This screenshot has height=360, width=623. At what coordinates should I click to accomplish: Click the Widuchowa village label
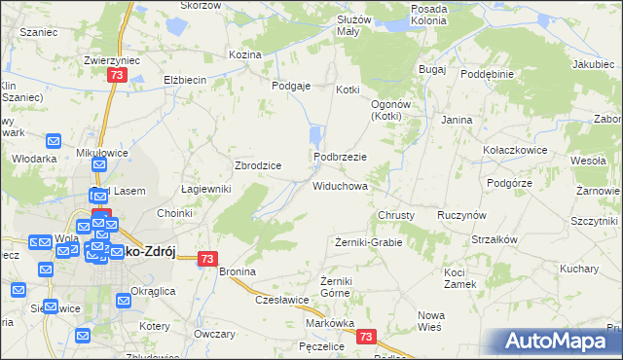click(340, 185)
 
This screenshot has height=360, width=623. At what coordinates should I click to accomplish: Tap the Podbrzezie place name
click(340, 157)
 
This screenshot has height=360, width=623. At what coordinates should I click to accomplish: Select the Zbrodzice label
click(258, 165)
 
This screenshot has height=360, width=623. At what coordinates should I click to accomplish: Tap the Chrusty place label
click(396, 215)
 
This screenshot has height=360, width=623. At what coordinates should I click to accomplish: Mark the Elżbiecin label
click(181, 81)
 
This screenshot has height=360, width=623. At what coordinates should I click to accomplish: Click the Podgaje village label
click(291, 86)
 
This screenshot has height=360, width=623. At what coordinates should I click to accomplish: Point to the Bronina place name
click(237, 271)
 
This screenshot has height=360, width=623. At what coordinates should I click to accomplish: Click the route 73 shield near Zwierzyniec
click(117, 75)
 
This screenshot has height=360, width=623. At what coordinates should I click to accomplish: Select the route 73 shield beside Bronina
click(207, 259)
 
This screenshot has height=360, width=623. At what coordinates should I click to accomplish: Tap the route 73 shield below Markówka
click(365, 337)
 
